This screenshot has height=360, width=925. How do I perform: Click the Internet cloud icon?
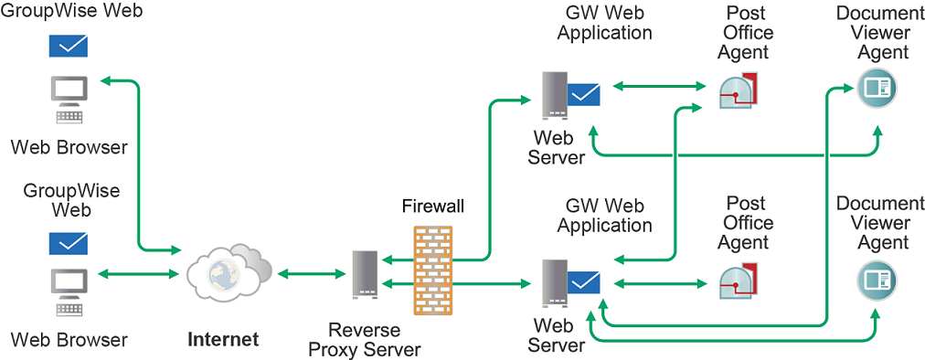(228, 272)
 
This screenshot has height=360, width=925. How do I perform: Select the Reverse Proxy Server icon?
(365, 273)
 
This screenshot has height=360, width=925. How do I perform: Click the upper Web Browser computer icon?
(69, 99)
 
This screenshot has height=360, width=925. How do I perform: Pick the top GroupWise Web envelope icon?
(69, 46)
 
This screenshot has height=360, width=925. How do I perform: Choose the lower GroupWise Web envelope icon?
(69, 243)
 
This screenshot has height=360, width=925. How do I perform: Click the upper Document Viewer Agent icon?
(877, 89)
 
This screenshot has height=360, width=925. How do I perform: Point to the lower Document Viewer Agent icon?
(877, 280)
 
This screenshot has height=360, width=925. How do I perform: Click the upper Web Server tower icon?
(554, 94)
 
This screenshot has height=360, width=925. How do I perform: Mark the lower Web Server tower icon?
(554, 284)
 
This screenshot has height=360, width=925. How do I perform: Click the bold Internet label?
(223, 340)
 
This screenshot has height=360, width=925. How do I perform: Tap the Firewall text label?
(433, 206)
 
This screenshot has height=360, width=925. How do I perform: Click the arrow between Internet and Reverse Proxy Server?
(309, 273)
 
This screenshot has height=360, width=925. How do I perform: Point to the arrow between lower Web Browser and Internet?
(137, 273)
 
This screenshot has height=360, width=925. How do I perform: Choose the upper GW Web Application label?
(604, 24)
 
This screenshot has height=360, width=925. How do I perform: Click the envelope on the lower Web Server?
(583, 282)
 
